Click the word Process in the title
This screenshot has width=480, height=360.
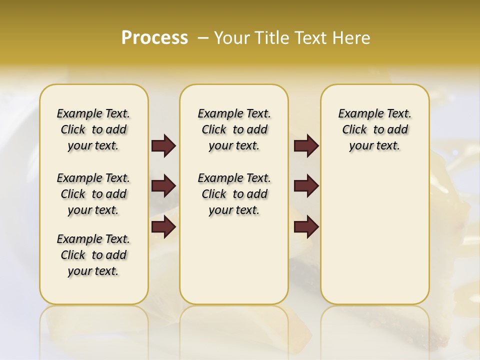tap(154, 38)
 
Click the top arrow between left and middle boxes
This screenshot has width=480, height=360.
tap(163, 145)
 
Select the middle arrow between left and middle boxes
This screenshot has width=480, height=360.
tap(163, 186)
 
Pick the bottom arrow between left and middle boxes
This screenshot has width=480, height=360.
tap(163, 226)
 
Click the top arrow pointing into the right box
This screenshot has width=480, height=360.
tap(306, 145)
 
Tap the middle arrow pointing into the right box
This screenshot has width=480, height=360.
tap(306, 186)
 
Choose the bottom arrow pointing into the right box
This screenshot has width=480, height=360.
tap(306, 226)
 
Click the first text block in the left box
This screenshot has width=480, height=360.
tap(93, 129)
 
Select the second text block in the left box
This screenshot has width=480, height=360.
tap(93, 194)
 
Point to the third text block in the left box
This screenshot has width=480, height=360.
tap(93, 255)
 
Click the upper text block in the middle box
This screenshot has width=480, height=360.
tap(234, 129)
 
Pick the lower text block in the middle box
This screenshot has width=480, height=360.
tap(234, 194)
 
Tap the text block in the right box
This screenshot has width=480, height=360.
tap(374, 129)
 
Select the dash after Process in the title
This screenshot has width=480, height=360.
tap(202, 38)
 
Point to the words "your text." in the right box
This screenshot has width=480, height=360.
tap(374, 146)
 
